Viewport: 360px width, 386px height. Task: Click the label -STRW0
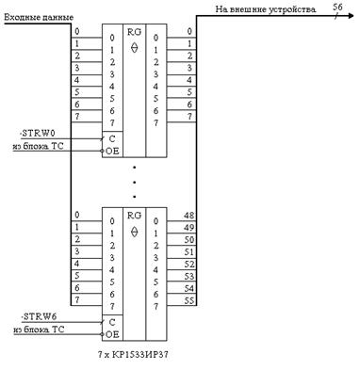tap(38, 133)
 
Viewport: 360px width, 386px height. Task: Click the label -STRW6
tap(39, 316)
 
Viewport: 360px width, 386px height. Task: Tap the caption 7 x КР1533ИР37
tap(133, 355)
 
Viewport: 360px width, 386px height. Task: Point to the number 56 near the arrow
tap(337, 7)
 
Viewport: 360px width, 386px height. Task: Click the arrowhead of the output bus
tap(350, 16)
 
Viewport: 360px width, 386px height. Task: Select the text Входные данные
tap(39, 17)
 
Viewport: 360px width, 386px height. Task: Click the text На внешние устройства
tap(266, 9)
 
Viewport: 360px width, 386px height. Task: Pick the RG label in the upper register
tap(134, 32)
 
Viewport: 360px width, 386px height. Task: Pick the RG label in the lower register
tap(134, 216)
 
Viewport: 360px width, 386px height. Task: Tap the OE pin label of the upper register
tap(112, 152)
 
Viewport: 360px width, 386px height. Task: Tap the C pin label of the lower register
tap(112, 322)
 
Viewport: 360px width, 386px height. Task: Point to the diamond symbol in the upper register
tap(134, 48)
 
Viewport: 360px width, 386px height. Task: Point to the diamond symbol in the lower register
tap(134, 232)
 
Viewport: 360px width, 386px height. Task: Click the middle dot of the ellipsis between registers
tap(134, 183)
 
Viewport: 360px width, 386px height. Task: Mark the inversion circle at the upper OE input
tap(102, 152)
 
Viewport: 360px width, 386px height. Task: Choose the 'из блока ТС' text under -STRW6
tap(39, 330)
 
